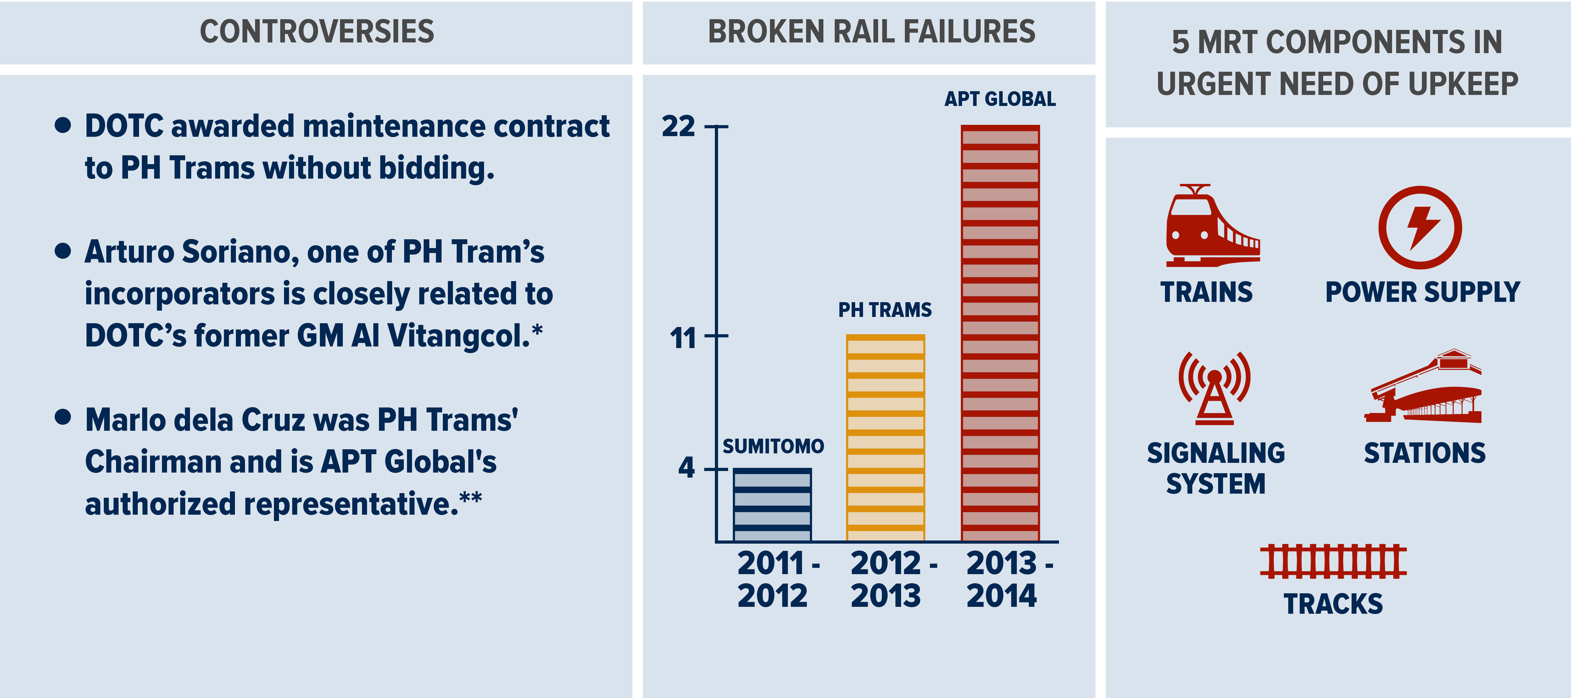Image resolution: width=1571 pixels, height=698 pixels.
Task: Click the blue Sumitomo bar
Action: point(772,505)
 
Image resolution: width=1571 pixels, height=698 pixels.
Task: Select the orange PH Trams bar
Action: point(886,438)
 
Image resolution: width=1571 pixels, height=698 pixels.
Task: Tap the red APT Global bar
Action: point(1000,333)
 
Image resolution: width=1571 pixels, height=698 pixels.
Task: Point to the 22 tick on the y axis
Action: point(679,127)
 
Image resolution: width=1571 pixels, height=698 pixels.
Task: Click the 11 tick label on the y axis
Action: point(682,337)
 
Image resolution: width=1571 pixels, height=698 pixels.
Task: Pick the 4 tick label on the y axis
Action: point(687,468)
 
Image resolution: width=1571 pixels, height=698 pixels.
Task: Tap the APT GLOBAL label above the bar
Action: point(1000,99)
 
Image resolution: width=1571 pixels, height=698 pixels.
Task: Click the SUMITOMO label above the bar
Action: point(773,446)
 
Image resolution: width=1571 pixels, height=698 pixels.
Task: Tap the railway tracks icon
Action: point(1333,561)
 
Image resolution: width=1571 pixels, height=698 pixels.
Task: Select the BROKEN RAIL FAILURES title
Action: point(871,32)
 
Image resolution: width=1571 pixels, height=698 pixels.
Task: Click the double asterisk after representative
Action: point(471,499)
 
